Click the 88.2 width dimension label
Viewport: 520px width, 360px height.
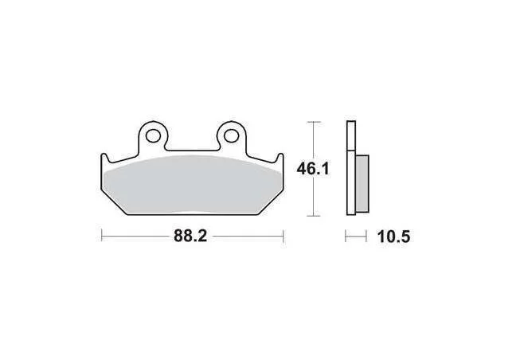point(190,237)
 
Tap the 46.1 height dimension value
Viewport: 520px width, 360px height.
point(313,169)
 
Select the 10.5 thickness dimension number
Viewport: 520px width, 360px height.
point(393,237)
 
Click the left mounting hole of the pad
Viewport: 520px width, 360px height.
point(152,136)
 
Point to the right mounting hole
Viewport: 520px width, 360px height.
point(231,135)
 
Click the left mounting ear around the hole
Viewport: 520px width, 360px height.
point(153,126)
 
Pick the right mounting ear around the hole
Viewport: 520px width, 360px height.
point(232,126)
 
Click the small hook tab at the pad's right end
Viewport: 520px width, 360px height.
point(280,158)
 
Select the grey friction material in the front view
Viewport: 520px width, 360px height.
point(192,185)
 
